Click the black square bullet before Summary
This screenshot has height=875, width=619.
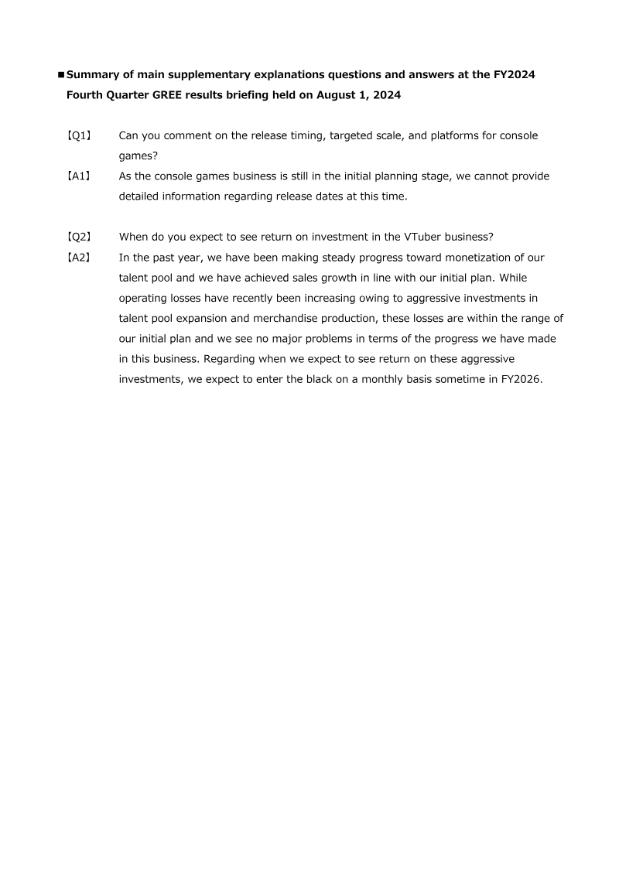click(61, 75)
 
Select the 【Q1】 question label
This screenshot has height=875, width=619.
click(78, 136)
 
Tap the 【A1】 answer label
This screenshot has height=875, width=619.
click(78, 176)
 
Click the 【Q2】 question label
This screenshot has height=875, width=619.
click(78, 238)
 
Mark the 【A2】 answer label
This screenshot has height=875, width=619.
click(78, 258)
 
